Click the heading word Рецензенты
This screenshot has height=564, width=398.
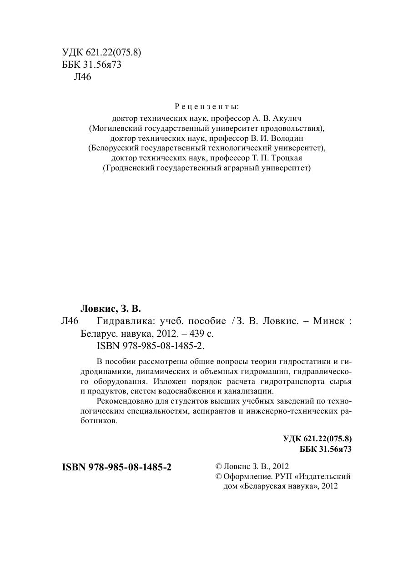coord(207,107)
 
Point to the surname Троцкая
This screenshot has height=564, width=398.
coord(287,158)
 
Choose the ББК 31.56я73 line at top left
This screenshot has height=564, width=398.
coord(91,65)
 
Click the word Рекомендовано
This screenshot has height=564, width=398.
coord(125,401)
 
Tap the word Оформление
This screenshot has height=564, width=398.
coord(243,476)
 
